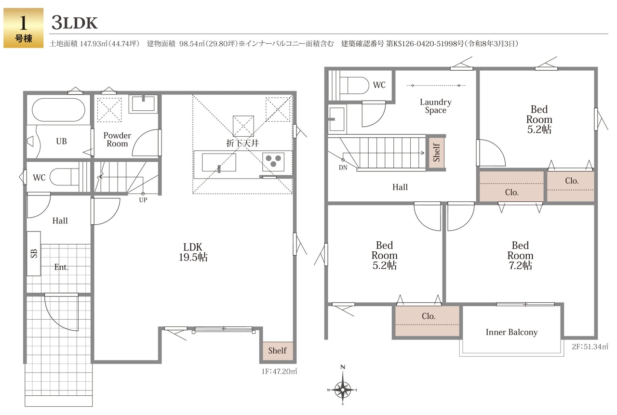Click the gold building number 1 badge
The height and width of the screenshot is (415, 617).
(x=24, y=28)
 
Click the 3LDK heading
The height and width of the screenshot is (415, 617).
(x=74, y=23)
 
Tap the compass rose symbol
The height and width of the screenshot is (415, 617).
(x=343, y=386)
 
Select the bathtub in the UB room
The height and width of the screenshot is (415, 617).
(x=58, y=110)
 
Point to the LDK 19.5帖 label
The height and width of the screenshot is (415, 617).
(x=193, y=252)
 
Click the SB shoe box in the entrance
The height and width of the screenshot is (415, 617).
(x=34, y=253)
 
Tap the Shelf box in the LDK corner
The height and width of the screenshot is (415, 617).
(x=277, y=350)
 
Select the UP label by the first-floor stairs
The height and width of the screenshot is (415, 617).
(x=143, y=200)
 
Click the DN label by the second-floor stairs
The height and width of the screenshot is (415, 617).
(x=343, y=168)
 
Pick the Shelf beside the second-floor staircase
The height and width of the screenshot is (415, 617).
(x=436, y=153)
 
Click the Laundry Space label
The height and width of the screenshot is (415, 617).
(x=435, y=106)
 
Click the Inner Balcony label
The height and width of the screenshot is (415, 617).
(x=511, y=333)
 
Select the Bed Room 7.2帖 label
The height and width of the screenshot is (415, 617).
(x=520, y=255)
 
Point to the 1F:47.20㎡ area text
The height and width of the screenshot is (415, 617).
(x=279, y=372)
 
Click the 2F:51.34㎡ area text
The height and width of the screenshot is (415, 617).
(x=590, y=347)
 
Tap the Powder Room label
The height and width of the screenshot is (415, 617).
(x=117, y=140)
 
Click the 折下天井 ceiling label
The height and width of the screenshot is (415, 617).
(x=242, y=143)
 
